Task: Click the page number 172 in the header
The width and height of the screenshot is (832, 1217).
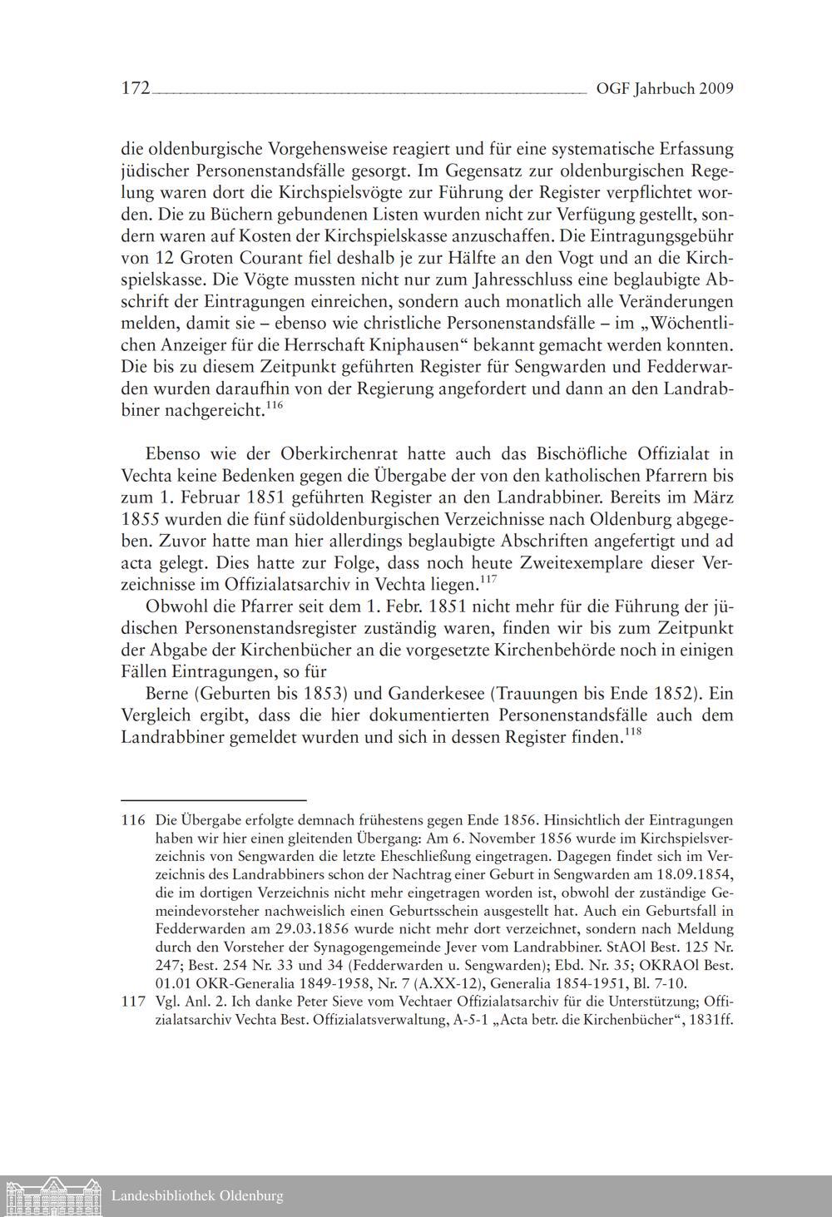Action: [135, 88]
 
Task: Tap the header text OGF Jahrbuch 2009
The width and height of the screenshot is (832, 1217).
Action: [665, 89]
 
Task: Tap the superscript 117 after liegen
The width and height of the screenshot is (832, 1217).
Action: [488, 578]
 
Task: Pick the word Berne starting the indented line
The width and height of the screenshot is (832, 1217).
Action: [169, 693]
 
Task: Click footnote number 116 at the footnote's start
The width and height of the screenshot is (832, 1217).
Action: [133, 819]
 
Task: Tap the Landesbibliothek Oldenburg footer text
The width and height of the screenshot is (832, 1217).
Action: [197, 1196]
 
